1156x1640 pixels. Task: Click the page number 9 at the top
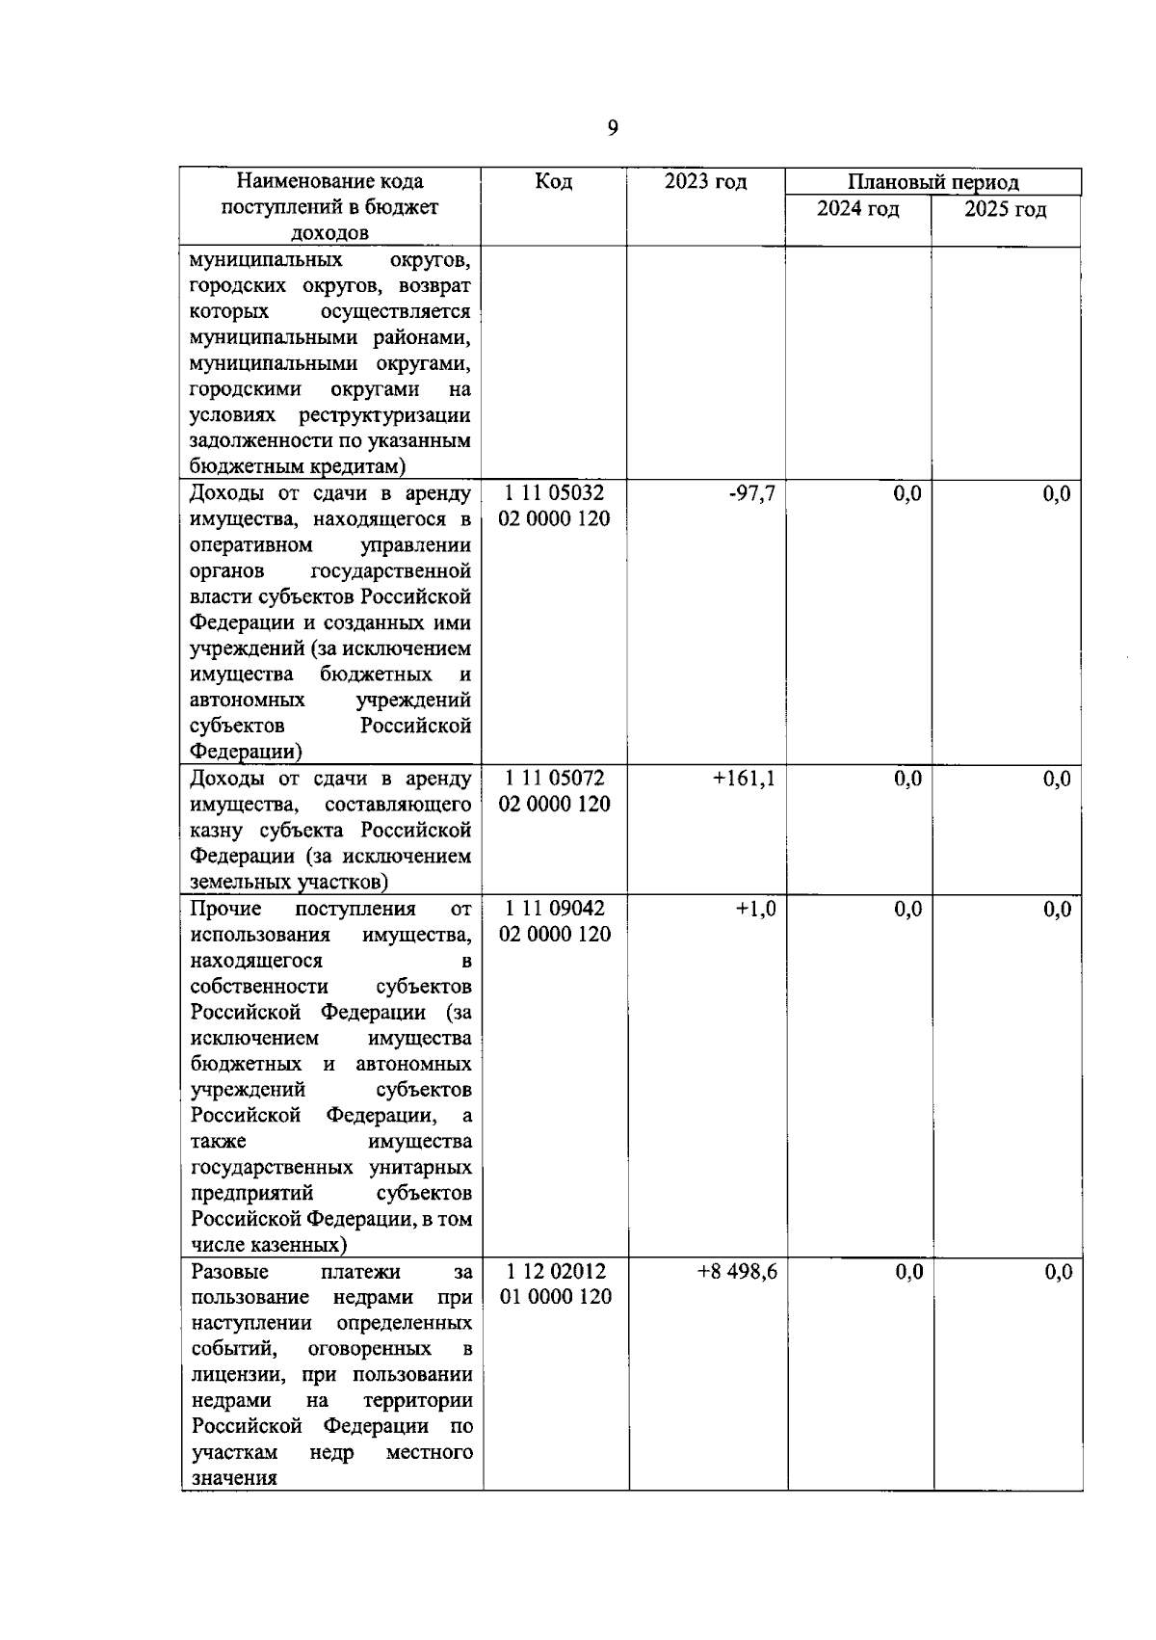pyautogui.click(x=613, y=129)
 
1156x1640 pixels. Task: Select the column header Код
pyautogui.click(x=553, y=181)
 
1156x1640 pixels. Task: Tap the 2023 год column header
pyautogui.click(x=705, y=181)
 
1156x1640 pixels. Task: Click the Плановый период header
pyautogui.click(x=933, y=182)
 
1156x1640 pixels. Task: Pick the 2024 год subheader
pyautogui.click(x=858, y=209)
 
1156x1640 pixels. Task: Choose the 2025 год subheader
pyautogui.click(x=1006, y=209)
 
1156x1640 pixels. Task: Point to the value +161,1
pyautogui.click(x=744, y=779)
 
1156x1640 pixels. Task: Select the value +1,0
pyautogui.click(x=755, y=909)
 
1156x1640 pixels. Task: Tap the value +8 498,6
pyautogui.click(x=737, y=1272)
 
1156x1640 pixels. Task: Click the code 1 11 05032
pyautogui.click(x=554, y=493)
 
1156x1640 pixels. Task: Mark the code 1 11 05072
pyautogui.click(x=554, y=778)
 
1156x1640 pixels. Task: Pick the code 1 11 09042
pyautogui.click(x=554, y=908)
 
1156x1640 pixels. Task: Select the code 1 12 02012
pyautogui.click(x=555, y=1271)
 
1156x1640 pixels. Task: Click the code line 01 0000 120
pyautogui.click(x=556, y=1297)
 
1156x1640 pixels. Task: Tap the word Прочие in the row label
pyautogui.click(x=225, y=909)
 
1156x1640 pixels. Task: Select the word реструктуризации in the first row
pyautogui.click(x=384, y=415)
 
